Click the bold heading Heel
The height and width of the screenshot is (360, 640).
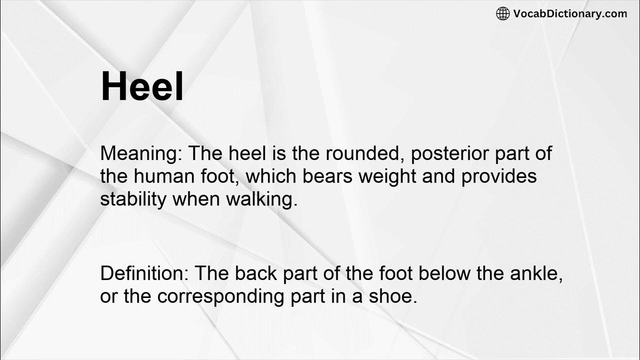pos(142,86)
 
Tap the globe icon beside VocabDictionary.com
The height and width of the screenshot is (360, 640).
pos(502,14)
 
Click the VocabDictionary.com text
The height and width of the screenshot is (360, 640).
pos(570,14)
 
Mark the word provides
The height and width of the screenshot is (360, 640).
pos(498,176)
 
